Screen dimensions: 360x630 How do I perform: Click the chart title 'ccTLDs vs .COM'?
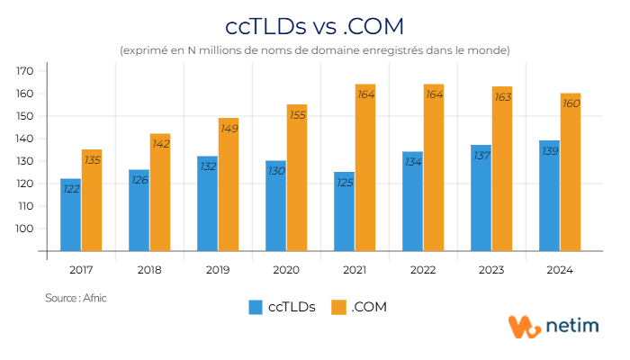[x=314, y=22]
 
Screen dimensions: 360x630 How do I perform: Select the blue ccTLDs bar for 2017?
[x=70, y=216]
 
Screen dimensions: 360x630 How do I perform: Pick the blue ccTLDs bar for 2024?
[x=549, y=198]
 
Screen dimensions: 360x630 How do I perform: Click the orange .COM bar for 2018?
[x=160, y=193]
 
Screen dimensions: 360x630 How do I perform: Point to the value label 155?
[x=297, y=115]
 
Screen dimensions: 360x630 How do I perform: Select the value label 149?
[x=229, y=129]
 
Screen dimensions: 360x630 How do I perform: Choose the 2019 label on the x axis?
[x=218, y=269]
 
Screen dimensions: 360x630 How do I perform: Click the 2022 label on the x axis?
[x=423, y=269]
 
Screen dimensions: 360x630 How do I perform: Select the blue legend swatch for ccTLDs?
[x=256, y=307]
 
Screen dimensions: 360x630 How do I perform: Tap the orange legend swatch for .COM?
[x=338, y=307]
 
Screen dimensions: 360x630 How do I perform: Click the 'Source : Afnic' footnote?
[x=76, y=297]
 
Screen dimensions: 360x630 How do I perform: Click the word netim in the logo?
[x=572, y=328]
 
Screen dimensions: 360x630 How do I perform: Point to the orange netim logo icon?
[x=525, y=327]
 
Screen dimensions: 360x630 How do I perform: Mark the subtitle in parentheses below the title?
[x=314, y=49]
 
